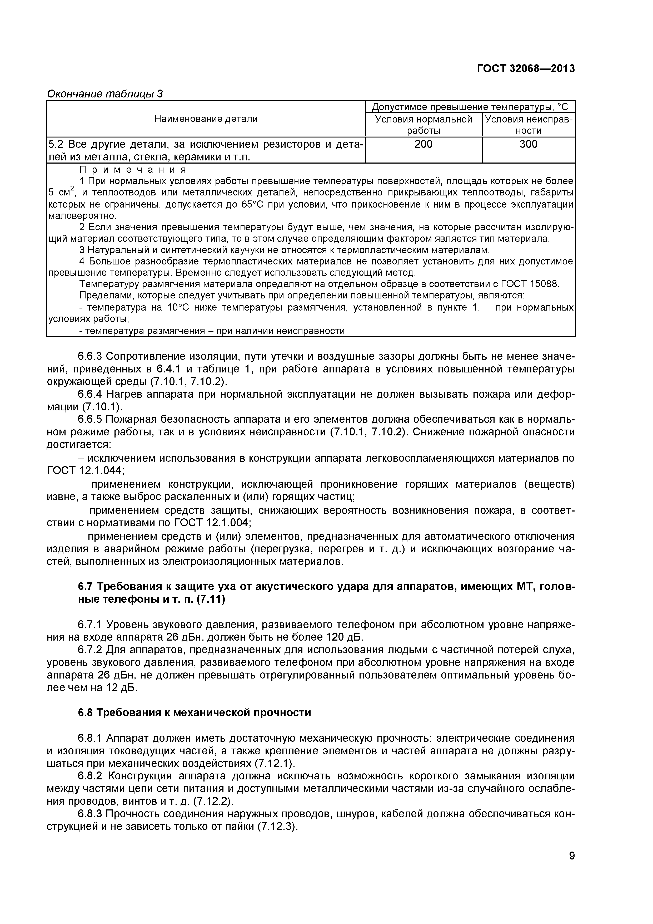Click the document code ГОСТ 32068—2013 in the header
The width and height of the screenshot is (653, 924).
526,69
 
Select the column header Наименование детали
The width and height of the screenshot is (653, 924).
206,119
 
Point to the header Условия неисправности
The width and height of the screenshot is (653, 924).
528,125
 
